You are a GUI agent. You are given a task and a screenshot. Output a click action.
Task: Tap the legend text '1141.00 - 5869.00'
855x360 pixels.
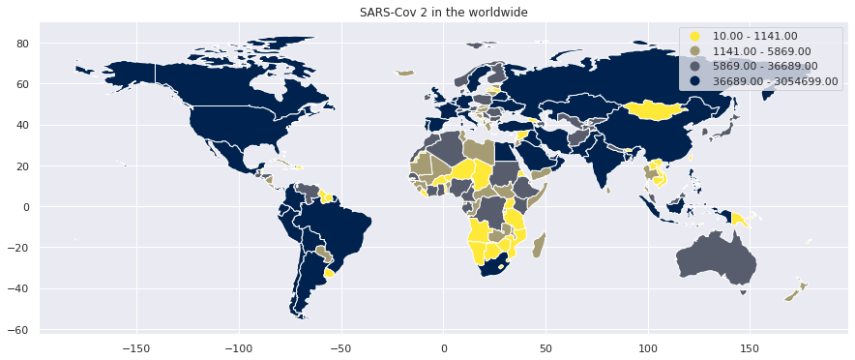(761, 51)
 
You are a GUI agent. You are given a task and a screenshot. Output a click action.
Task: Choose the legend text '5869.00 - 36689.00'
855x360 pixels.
(765, 66)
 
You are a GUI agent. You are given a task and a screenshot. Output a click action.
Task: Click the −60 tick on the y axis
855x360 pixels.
(19, 330)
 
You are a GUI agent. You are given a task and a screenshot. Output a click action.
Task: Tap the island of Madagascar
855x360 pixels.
(539, 245)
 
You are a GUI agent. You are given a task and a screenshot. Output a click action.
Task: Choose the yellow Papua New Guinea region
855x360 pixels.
(737, 220)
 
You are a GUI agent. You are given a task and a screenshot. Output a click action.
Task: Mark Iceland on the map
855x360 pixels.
(405, 73)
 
